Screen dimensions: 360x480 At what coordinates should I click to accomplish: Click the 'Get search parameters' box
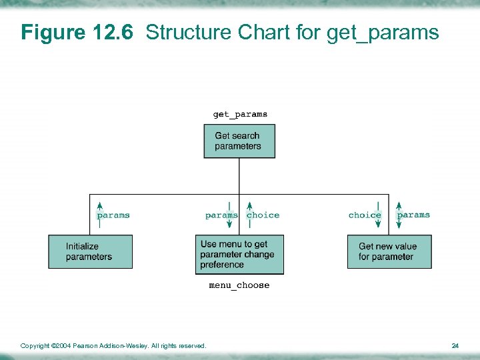tap(239, 141)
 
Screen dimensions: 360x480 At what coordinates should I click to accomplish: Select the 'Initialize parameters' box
tap(90, 251)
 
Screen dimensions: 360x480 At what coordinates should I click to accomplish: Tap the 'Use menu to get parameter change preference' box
tap(239, 254)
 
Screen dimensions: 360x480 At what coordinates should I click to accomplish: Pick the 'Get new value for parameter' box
tap(389, 251)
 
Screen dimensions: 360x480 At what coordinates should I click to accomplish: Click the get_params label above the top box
tap(240, 114)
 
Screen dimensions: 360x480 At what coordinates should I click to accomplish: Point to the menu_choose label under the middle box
tap(239, 285)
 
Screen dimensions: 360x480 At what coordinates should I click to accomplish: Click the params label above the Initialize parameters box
tap(113, 215)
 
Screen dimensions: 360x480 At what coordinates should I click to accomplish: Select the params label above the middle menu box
tap(221, 215)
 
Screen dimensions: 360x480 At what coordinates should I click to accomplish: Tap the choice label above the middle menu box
tap(263, 215)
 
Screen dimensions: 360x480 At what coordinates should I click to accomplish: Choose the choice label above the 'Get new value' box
tap(365, 215)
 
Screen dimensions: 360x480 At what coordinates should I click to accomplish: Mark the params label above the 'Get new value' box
tap(413, 215)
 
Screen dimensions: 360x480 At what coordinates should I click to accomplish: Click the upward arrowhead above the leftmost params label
tap(100, 205)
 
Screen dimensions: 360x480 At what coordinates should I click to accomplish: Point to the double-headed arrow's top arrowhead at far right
tap(399, 205)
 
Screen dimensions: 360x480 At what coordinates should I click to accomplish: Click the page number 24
tap(455, 345)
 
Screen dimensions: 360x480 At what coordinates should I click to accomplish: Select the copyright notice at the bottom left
tap(113, 345)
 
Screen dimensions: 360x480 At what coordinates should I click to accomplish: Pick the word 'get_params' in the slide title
tap(383, 33)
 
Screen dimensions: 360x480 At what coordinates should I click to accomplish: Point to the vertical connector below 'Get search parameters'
tap(239, 176)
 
